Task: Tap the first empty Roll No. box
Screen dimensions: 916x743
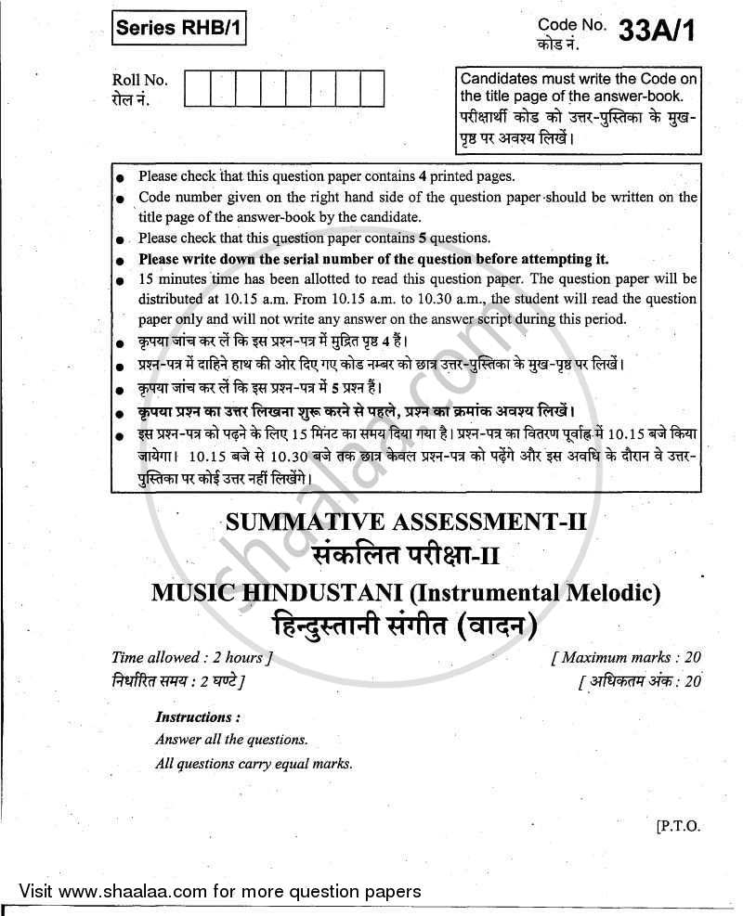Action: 198,89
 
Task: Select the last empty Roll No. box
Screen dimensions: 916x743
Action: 371,89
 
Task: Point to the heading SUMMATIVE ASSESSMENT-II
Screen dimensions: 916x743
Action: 408,524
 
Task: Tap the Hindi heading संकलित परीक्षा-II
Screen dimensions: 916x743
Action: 407,556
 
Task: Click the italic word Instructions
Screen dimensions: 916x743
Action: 198,717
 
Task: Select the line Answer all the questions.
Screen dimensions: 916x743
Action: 231,741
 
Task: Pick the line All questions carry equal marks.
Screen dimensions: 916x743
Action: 254,764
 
